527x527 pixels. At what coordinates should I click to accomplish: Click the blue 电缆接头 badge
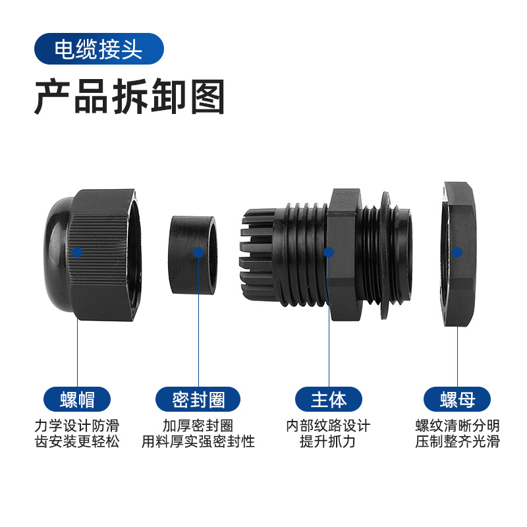click(99, 49)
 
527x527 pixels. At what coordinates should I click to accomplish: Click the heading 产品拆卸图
click(129, 97)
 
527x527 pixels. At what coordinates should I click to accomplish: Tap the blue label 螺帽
click(77, 399)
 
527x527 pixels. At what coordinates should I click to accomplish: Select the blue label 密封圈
click(198, 399)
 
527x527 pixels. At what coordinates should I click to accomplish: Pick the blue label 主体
click(328, 399)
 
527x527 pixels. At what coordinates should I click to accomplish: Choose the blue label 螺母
click(457, 399)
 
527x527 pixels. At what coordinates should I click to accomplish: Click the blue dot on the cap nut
click(77, 252)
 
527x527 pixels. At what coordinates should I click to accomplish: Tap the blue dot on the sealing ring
click(198, 252)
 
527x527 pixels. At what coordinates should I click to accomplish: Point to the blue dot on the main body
click(328, 252)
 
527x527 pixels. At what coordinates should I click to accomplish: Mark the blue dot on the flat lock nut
click(457, 252)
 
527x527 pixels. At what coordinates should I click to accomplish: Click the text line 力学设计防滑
click(77, 426)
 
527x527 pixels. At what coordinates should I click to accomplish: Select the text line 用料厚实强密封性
click(198, 441)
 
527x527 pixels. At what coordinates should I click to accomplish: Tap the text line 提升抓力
click(327, 441)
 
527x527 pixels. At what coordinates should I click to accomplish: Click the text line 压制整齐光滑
click(457, 441)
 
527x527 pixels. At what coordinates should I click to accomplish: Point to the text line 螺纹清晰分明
click(457, 426)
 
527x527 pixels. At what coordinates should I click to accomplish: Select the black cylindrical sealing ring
click(192, 255)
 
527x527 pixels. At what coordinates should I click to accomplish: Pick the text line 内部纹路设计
click(328, 426)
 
